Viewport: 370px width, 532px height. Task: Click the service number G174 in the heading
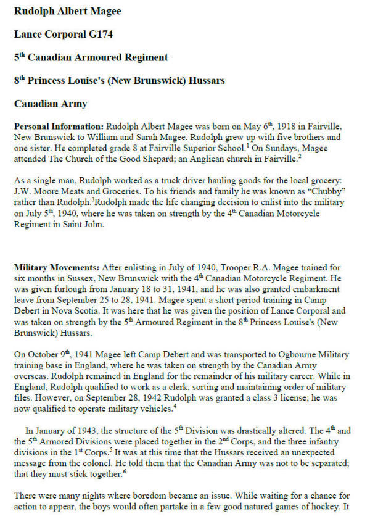[94, 34]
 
